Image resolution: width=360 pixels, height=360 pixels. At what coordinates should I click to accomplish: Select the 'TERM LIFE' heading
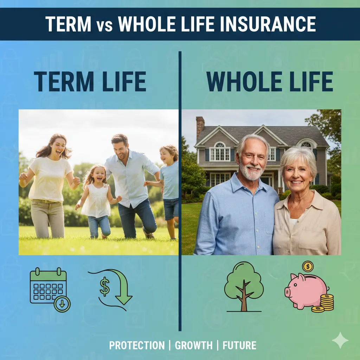coord(90,82)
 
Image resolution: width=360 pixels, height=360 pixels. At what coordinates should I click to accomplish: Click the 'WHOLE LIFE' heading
coord(270,82)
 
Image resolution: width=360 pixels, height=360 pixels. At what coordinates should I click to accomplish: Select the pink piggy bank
coord(305,290)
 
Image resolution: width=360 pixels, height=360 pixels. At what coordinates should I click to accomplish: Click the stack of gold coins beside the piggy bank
coord(326,302)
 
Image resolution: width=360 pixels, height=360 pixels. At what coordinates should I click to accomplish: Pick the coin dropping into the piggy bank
coord(308,266)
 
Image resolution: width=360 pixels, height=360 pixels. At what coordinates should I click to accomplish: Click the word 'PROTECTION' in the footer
coord(137,345)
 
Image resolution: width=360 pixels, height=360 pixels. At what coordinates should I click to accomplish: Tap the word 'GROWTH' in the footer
coord(193,345)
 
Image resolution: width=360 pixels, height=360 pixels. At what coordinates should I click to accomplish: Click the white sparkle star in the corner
coord(340,340)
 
